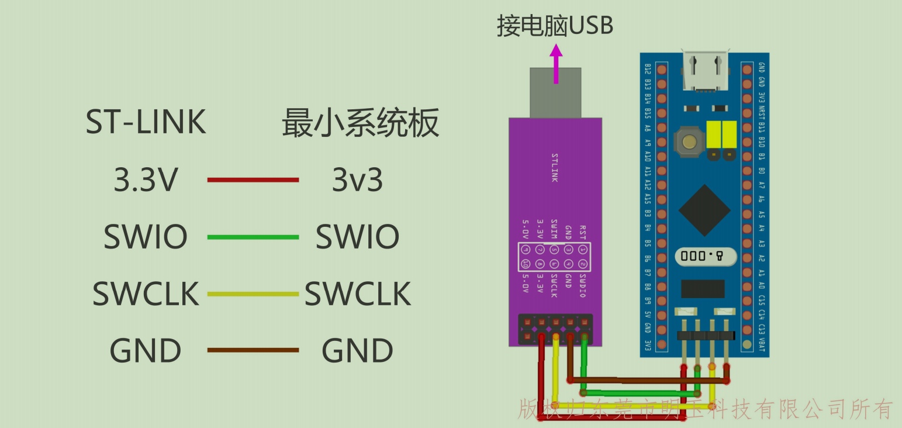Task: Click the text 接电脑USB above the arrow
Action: click(x=555, y=26)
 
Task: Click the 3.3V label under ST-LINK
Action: click(x=146, y=180)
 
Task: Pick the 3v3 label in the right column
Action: click(x=357, y=180)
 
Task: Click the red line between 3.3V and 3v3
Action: click(x=253, y=180)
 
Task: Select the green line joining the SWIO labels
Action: click(x=253, y=237)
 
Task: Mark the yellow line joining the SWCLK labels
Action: click(x=253, y=294)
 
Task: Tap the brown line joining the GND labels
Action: click(x=253, y=350)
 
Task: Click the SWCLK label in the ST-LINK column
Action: click(x=146, y=294)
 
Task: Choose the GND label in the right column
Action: click(x=357, y=351)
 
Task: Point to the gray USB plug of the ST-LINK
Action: click(x=555, y=92)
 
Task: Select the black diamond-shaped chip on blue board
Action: click(x=704, y=210)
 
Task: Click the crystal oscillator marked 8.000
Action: click(x=705, y=256)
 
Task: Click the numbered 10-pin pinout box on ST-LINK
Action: click(x=554, y=257)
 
